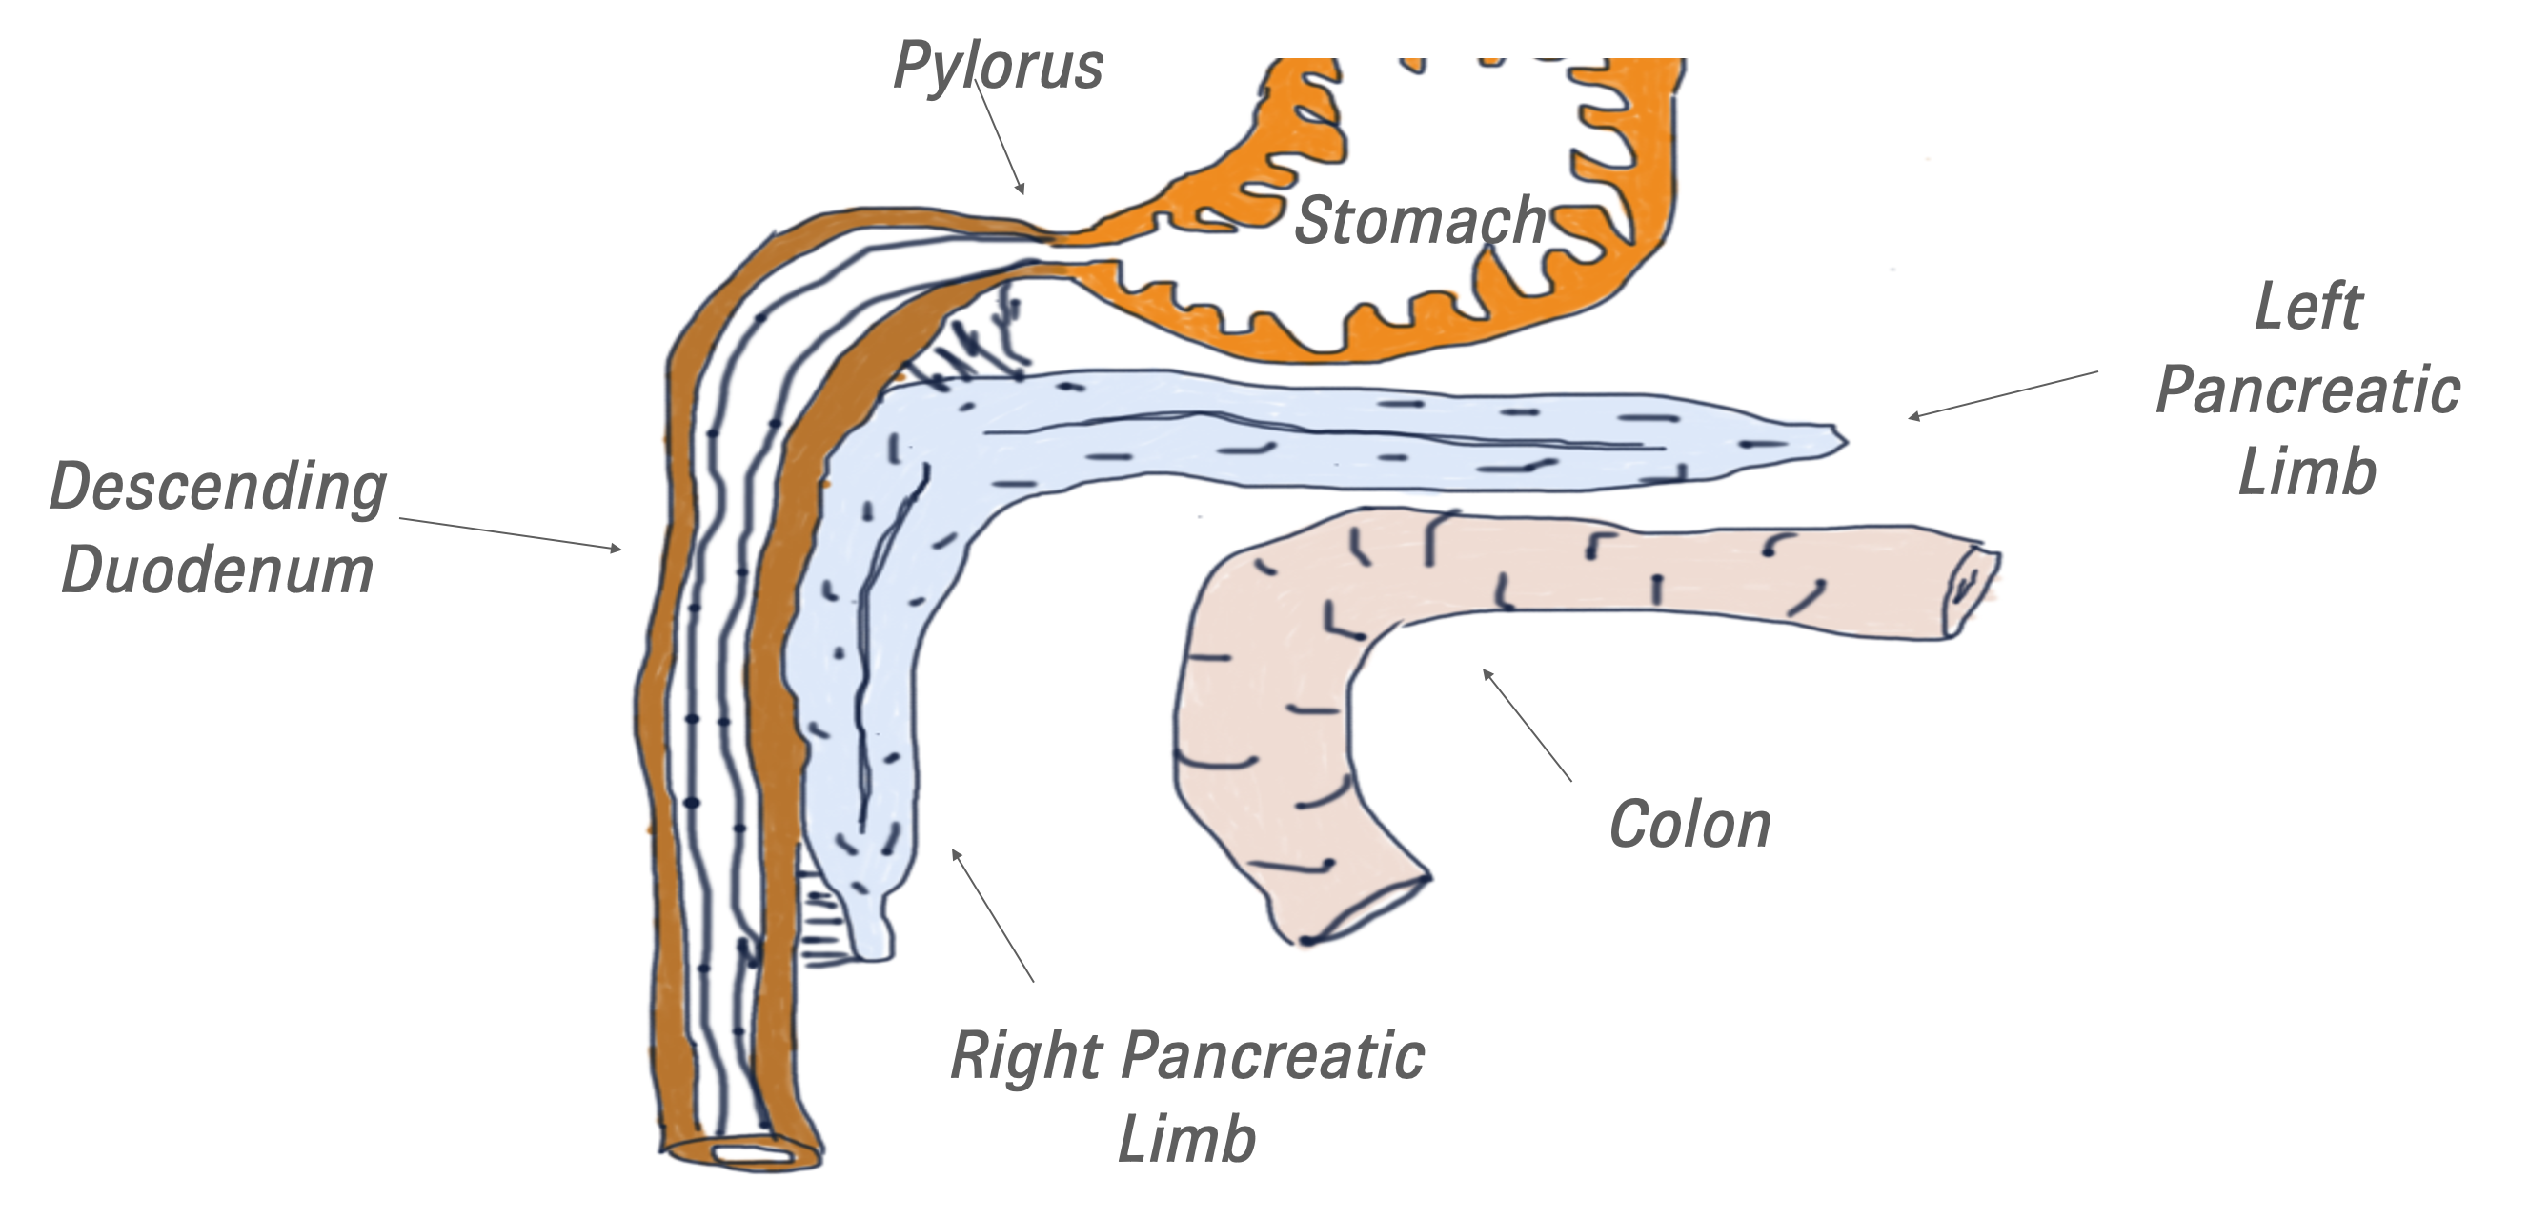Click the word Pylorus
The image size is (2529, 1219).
tap(998, 67)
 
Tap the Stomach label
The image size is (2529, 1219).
tap(1420, 220)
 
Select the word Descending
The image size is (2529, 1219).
tap(218, 487)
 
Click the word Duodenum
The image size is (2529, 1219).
tap(218, 569)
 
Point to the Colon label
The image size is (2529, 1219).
tap(1689, 824)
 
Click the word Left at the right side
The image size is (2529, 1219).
tap(2307, 307)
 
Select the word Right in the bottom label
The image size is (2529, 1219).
tap(1026, 1056)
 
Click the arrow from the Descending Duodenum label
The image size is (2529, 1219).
tap(511, 534)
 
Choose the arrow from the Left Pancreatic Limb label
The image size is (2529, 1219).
tap(2003, 394)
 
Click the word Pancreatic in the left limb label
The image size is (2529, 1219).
tap(2307, 390)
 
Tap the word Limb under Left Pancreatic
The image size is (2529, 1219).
tap(2307, 471)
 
